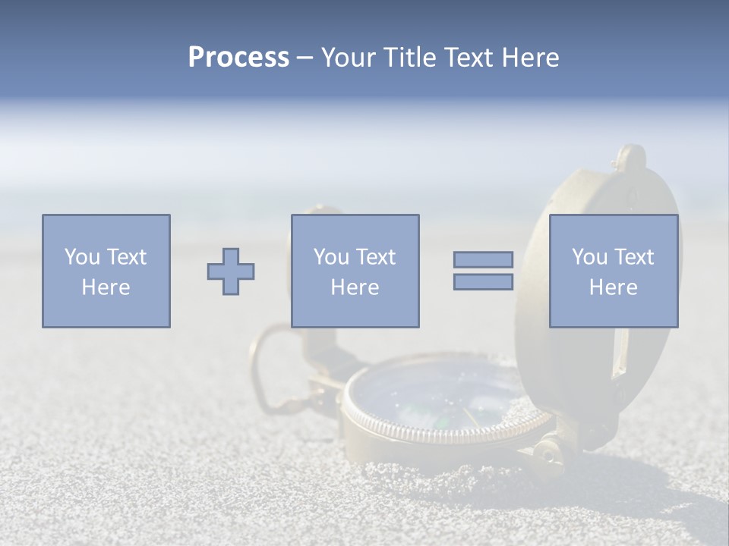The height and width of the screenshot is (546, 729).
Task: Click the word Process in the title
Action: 238,58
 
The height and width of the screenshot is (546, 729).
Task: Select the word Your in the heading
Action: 349,58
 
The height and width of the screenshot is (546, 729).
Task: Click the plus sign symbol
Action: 231,271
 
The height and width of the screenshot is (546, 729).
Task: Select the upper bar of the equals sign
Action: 483,259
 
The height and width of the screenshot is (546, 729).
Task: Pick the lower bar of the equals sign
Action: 483,282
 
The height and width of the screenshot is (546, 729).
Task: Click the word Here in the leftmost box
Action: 106,287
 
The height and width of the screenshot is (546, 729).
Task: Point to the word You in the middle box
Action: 331,257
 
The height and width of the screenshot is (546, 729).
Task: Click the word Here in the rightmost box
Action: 614,287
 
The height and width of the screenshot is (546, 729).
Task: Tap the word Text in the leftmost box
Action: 126,257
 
